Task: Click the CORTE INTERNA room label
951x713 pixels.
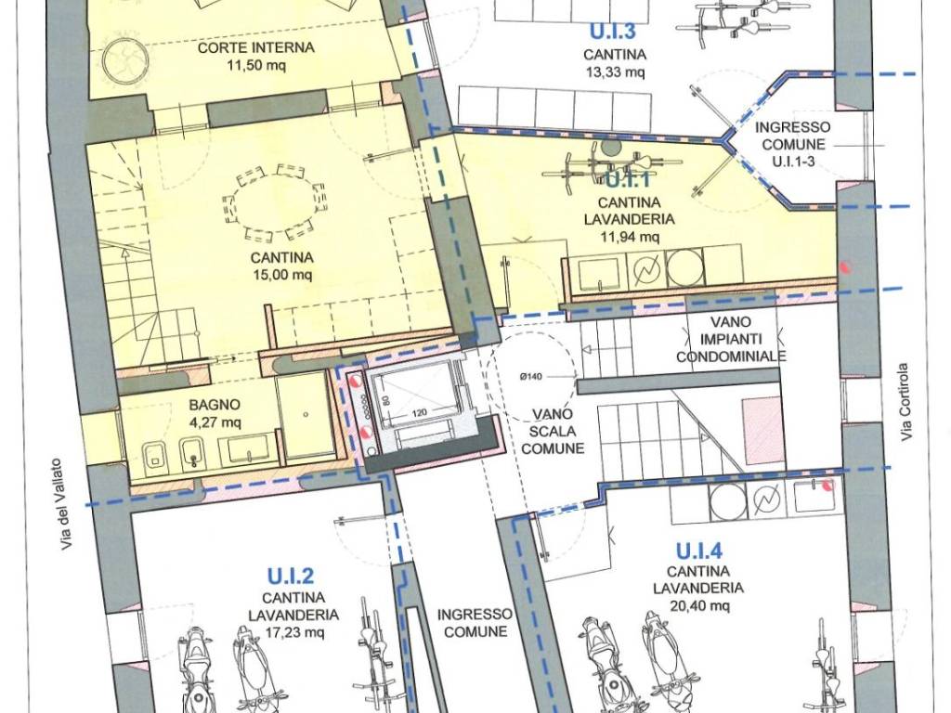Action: pos(256,47)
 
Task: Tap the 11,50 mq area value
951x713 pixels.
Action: pos(256,65)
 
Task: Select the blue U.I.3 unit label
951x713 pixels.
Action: pos(613,31)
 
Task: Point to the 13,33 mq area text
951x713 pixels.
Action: pos(615,72)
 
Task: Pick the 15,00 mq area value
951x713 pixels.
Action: pos(282,275)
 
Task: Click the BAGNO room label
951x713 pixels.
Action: pos(215,405)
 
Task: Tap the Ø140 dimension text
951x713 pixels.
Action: pos(531,377)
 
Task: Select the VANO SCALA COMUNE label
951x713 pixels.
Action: pos(553,431)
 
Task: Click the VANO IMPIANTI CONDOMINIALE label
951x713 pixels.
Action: pos(731,340)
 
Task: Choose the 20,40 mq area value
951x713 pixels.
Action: pos(699,605)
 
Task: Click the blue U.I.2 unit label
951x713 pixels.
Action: pos(291,576)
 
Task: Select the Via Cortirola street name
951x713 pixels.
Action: pos(904,402)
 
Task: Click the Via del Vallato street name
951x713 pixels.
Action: pos(68,504)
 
